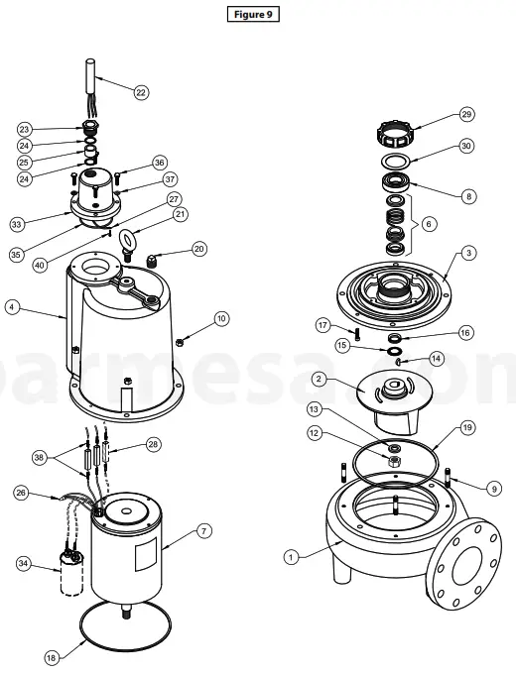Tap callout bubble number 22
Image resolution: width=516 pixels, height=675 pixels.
coord(141,92)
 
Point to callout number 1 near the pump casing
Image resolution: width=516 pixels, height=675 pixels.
coord(291,557)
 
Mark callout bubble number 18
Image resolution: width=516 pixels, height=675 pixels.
coord(52,657)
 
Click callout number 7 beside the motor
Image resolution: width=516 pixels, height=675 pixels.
coord(204,532)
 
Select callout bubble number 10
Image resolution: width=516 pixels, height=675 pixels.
coord(221,319)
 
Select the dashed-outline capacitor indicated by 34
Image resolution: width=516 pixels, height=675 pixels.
coord(69,579)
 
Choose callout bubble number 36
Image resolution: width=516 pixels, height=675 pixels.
coord(159,162)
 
